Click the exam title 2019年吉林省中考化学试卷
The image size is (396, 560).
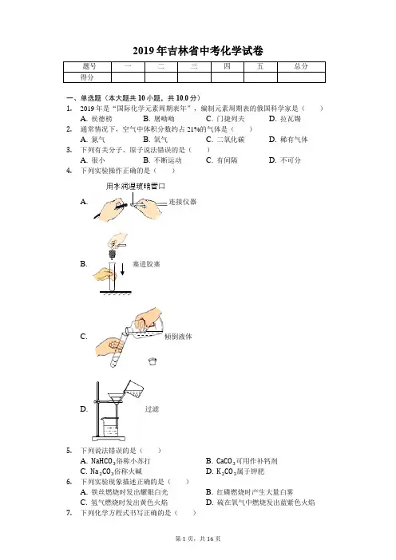(198, 51)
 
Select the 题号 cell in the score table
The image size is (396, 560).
(88, 67)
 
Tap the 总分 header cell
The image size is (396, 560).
(301, 67)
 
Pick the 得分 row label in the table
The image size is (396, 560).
(88, 77)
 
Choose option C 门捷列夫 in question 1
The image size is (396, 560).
(225, 119)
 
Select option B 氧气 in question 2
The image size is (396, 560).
(155, 140)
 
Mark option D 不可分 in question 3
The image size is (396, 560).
(285, 160)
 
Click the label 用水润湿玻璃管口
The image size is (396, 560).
(136, 186)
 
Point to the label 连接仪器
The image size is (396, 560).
(183, 202)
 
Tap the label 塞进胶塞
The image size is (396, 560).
(146, 264)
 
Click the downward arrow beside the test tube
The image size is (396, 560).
(122, 269)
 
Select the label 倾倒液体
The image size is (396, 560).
(178, 337)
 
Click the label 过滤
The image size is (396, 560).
(152, 409)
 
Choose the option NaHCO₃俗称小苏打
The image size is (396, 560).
(115, 461)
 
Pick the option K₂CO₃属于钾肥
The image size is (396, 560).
(235, 471)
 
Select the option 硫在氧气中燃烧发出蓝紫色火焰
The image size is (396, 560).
(260, 503)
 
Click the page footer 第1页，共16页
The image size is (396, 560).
(198, 538)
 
